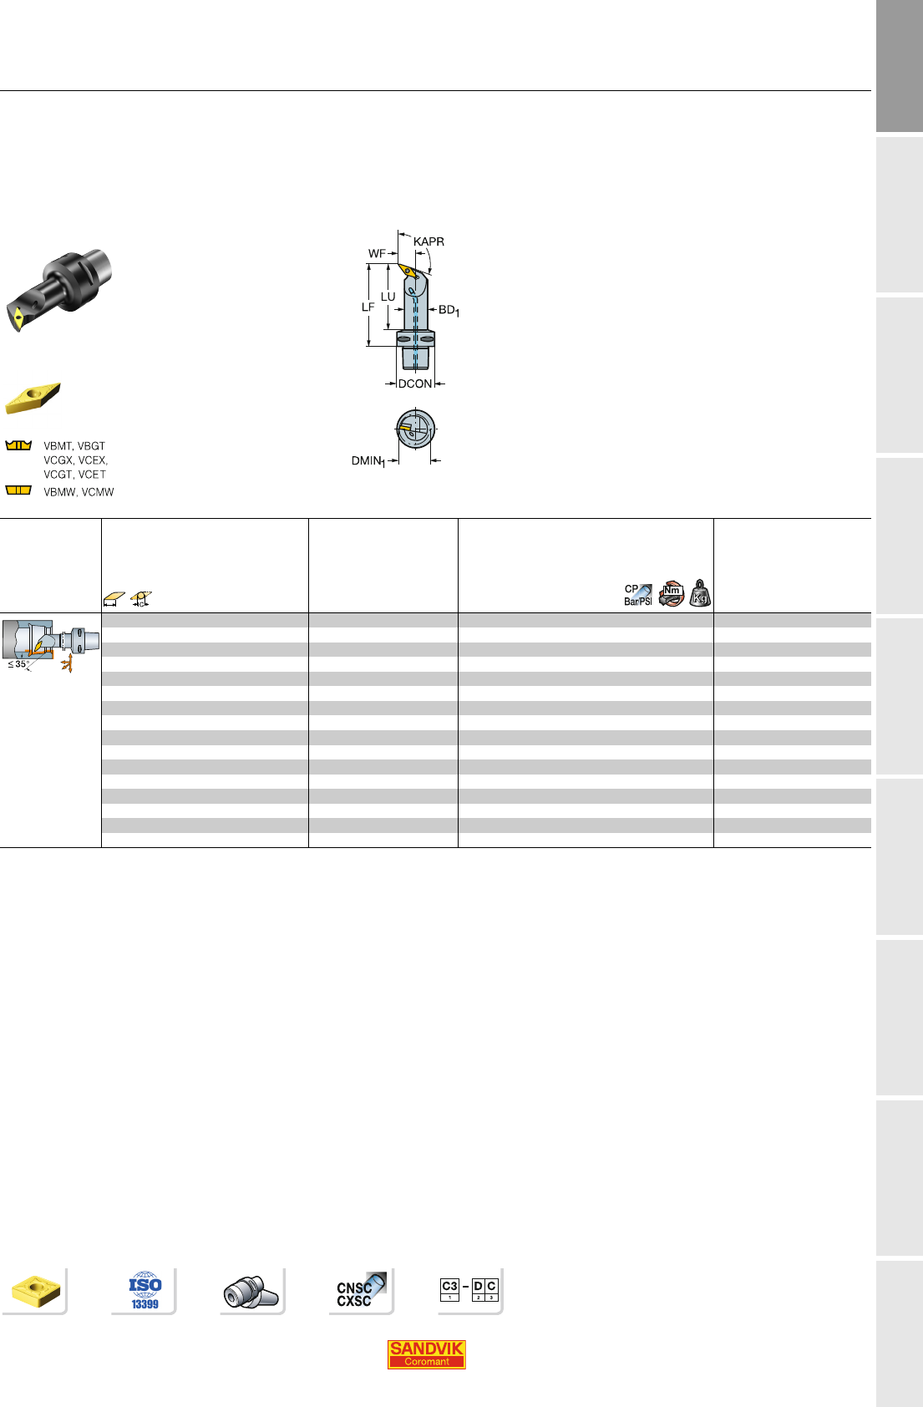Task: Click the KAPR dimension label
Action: (x=429, y=241)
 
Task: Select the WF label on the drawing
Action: (x=378, y=253)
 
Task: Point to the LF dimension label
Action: (x=368, y=307)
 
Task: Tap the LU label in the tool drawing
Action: (x=388, y=297)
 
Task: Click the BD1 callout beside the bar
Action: (x=449, y=310)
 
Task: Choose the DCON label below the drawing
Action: (x=415, y=383)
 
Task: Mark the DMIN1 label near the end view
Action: (x=368, y=461)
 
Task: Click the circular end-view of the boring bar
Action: (x=415, y=429)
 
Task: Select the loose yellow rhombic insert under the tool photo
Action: (x=33, y=398)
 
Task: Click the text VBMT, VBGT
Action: (x=74, y=446)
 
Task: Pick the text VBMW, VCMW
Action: (x=79, y=492)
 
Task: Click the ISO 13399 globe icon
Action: (x=145, y=1291)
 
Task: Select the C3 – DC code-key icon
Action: (x=469, y=1290)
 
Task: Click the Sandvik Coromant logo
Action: (x=427, y=1354)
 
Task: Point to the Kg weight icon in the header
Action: (x=700, y=593)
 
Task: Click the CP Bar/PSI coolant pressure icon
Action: (x=638, y=594)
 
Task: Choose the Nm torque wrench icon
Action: (x=671, y=593)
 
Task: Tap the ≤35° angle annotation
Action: (x=18, y=664)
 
